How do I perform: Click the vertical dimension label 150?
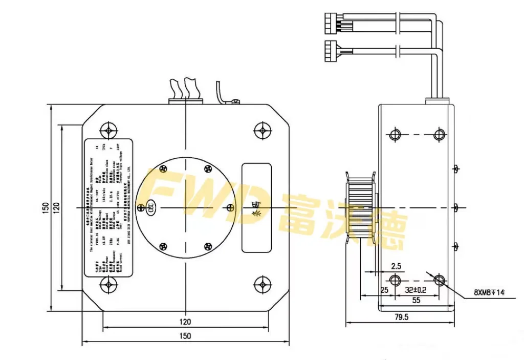coord(46,207)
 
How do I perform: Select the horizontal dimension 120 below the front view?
coord(185,322)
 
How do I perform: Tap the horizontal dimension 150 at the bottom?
coord(185,336)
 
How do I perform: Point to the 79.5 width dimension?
coord(401,317)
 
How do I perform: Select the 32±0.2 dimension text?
coord(416,290)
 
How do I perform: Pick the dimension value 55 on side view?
coord(416,301)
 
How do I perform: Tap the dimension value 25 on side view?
coord(384,290)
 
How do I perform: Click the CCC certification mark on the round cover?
coord(150,207)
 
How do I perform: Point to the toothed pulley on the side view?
coord(361,207)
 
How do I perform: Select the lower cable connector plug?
coord(331,50)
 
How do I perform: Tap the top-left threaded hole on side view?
coord(395,135)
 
